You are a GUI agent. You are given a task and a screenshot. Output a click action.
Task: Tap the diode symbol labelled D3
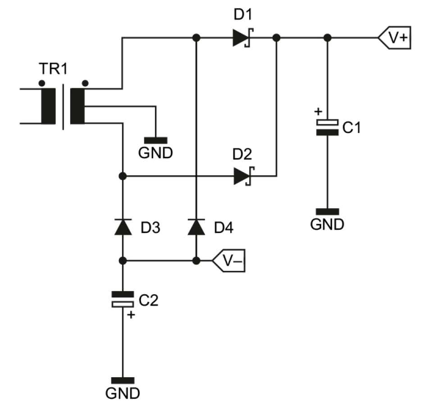[x=123, y=227]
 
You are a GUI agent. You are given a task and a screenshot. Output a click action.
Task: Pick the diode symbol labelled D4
[x=196, y=227]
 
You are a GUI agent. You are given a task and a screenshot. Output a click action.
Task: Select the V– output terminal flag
[x=230, y=261]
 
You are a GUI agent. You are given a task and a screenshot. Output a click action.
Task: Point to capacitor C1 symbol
[x=327, y=127]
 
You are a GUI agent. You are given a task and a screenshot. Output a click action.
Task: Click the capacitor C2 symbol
[x=123, y=299]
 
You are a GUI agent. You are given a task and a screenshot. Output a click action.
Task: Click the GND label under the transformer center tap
[x=155, y=153]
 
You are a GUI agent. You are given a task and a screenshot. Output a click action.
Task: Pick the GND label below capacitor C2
[x=123, y=393]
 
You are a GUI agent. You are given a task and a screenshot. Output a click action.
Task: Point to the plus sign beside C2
[x=131, y=315]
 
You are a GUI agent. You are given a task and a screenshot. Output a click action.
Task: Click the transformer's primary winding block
[x=48, y=106]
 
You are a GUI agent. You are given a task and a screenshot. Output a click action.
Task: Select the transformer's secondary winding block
[x=77, y=106]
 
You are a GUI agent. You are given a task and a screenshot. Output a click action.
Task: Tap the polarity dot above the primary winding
[x=42, y=83]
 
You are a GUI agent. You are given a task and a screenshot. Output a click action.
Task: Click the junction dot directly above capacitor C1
[x=328, y=38]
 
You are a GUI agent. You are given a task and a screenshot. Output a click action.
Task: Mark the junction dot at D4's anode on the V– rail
[x=196, y=261]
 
